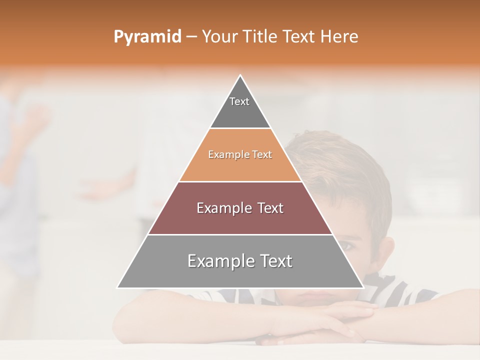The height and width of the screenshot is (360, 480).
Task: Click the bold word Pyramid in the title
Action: click(147, 37)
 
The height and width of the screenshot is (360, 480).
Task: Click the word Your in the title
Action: click(219, 37)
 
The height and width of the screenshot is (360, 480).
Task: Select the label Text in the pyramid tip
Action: click(239, 101)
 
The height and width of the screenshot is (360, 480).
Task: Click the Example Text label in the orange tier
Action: click(240, 155)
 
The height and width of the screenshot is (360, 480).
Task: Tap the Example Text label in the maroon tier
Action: click(240, 208)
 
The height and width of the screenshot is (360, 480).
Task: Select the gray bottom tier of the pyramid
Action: click(150, 272)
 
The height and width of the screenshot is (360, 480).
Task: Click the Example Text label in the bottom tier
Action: click(240, 261)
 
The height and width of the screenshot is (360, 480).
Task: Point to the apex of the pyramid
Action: click(240, 75)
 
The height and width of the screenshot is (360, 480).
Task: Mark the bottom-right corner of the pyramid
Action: click(363, 287)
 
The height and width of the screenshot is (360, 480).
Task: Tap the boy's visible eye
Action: click(347, 245)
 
